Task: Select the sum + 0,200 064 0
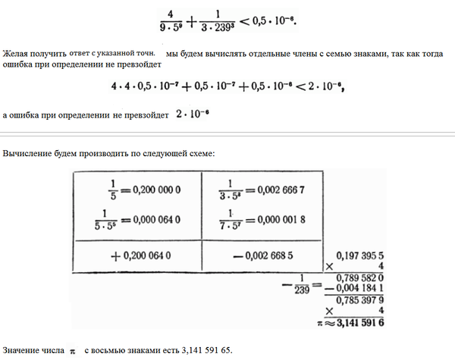point(147,257)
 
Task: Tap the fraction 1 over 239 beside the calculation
point(292,287)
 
